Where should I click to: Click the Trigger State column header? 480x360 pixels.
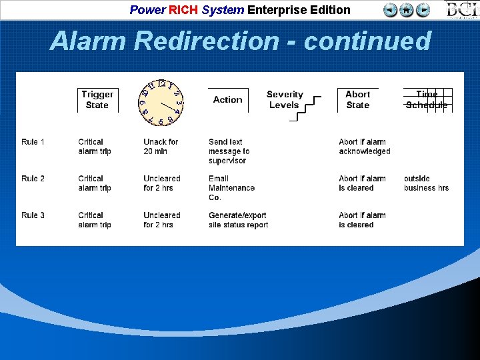pos(97,99)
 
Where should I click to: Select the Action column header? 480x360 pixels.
pos(227,99)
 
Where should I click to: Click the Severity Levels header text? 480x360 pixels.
pos(284,99)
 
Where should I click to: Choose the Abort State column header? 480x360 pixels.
pos(357,99)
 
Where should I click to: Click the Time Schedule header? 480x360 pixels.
pos(427,99)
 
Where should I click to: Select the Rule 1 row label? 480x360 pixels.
pos(33,142)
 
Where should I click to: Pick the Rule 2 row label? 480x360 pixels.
pos(33,179)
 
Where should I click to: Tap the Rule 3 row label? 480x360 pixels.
pos(33,215)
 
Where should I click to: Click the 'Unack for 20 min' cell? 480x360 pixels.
pos(161,147)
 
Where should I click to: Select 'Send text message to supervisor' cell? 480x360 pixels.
pos(229,151)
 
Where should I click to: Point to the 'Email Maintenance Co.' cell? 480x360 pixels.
pos(231,188)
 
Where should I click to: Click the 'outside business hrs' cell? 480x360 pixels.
pos(426,183)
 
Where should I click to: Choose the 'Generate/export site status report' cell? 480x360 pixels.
pos(238,220)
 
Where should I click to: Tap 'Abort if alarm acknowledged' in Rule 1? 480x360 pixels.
pos(364,147)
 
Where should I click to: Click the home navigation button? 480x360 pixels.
pos(407,10)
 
